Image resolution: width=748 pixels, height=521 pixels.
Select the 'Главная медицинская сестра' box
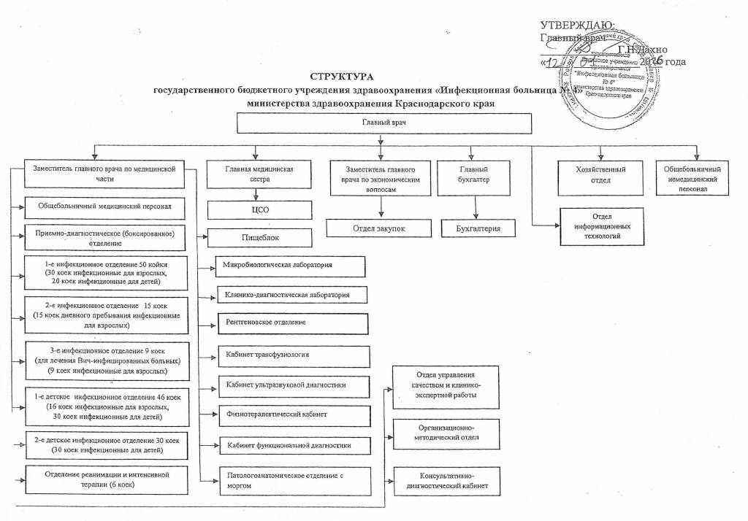[x=254, y=174]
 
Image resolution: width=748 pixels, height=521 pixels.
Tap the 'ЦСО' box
[x=254, y=210]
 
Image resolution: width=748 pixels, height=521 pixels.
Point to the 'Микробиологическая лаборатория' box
[x=290, y=265]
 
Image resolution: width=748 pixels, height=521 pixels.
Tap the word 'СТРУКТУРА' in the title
[x=341, y=77]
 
